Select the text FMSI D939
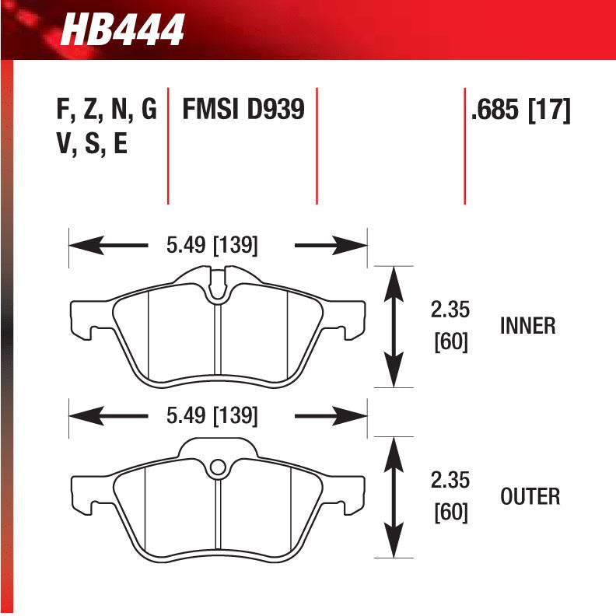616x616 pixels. (242, 110)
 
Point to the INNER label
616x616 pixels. (528, 326)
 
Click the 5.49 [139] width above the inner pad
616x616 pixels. (212, 246)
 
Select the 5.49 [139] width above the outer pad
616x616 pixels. (212, 416)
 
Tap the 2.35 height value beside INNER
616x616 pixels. (451, 310)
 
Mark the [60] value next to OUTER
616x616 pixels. (451, 513)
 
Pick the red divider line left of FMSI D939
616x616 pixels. (168, 148)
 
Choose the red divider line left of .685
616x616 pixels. (464, 148)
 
